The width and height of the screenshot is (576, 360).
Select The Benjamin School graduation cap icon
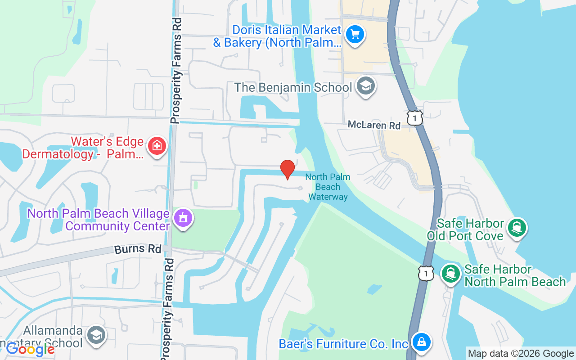(365, 85)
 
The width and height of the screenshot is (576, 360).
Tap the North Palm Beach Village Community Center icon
(183, 218)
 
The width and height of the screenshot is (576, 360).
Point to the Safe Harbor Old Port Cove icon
(517, 228)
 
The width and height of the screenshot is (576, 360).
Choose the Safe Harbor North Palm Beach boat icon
(450, 274)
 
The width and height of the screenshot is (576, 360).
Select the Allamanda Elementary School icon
(96, 335)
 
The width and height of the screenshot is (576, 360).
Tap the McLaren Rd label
(374, 125)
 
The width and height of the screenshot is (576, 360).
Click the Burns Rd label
(137, 249)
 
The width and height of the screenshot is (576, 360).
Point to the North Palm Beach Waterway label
(328, 187)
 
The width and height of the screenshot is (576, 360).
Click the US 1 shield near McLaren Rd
(414, 118)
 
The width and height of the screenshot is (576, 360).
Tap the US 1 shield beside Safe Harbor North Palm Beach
(426, 273)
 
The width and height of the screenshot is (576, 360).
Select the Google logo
(30, 349)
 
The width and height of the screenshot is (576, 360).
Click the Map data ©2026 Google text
(521, 354)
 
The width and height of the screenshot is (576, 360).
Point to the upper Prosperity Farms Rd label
(175, 71)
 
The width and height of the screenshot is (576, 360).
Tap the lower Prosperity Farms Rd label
(166, 310)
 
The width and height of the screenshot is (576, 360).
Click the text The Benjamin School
(293, 87)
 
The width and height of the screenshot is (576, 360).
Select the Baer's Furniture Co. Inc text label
(343, 344)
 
